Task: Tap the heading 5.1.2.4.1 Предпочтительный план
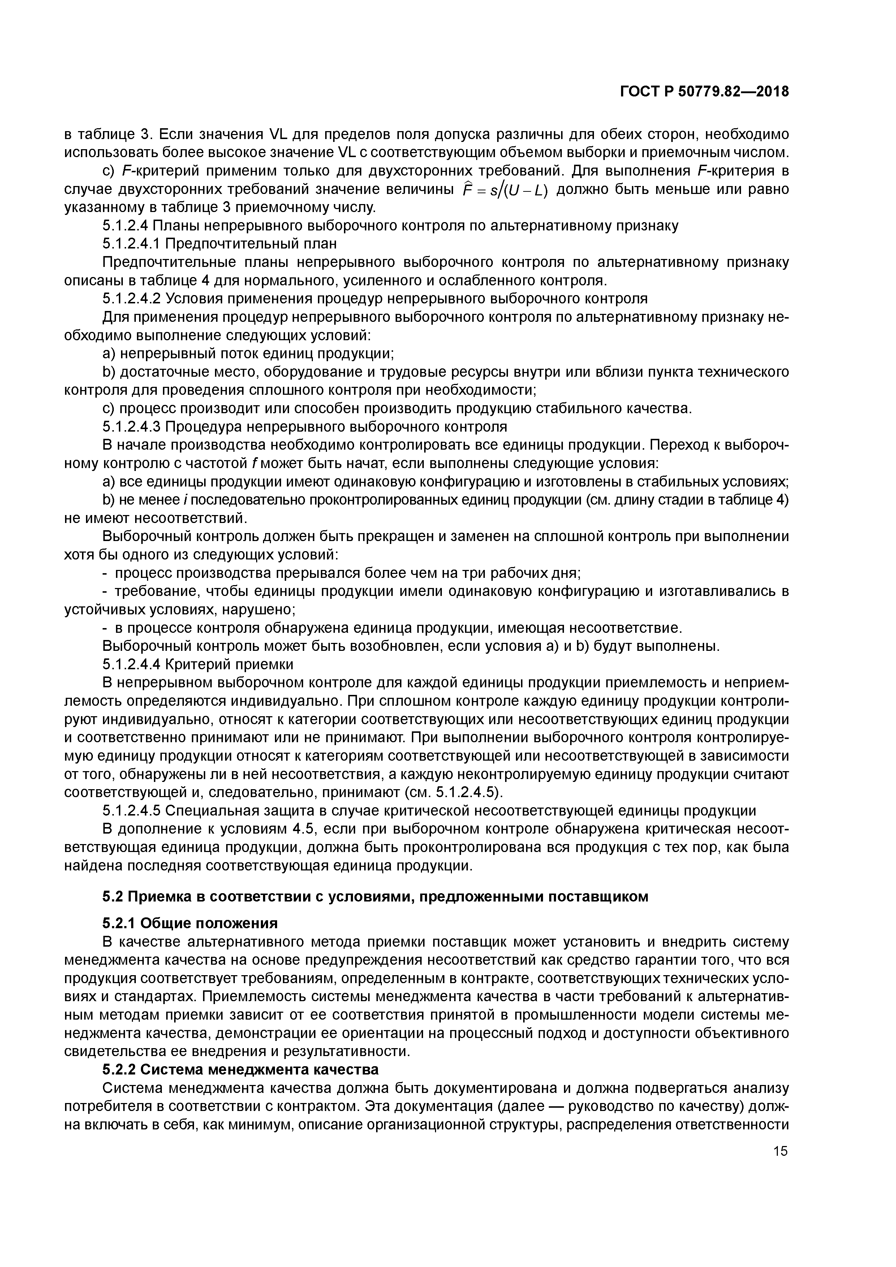219,243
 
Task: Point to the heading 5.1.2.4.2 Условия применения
374,299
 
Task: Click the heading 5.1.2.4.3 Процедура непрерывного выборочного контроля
304,427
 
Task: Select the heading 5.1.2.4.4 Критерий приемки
198,664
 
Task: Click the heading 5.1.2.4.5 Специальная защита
429,810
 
